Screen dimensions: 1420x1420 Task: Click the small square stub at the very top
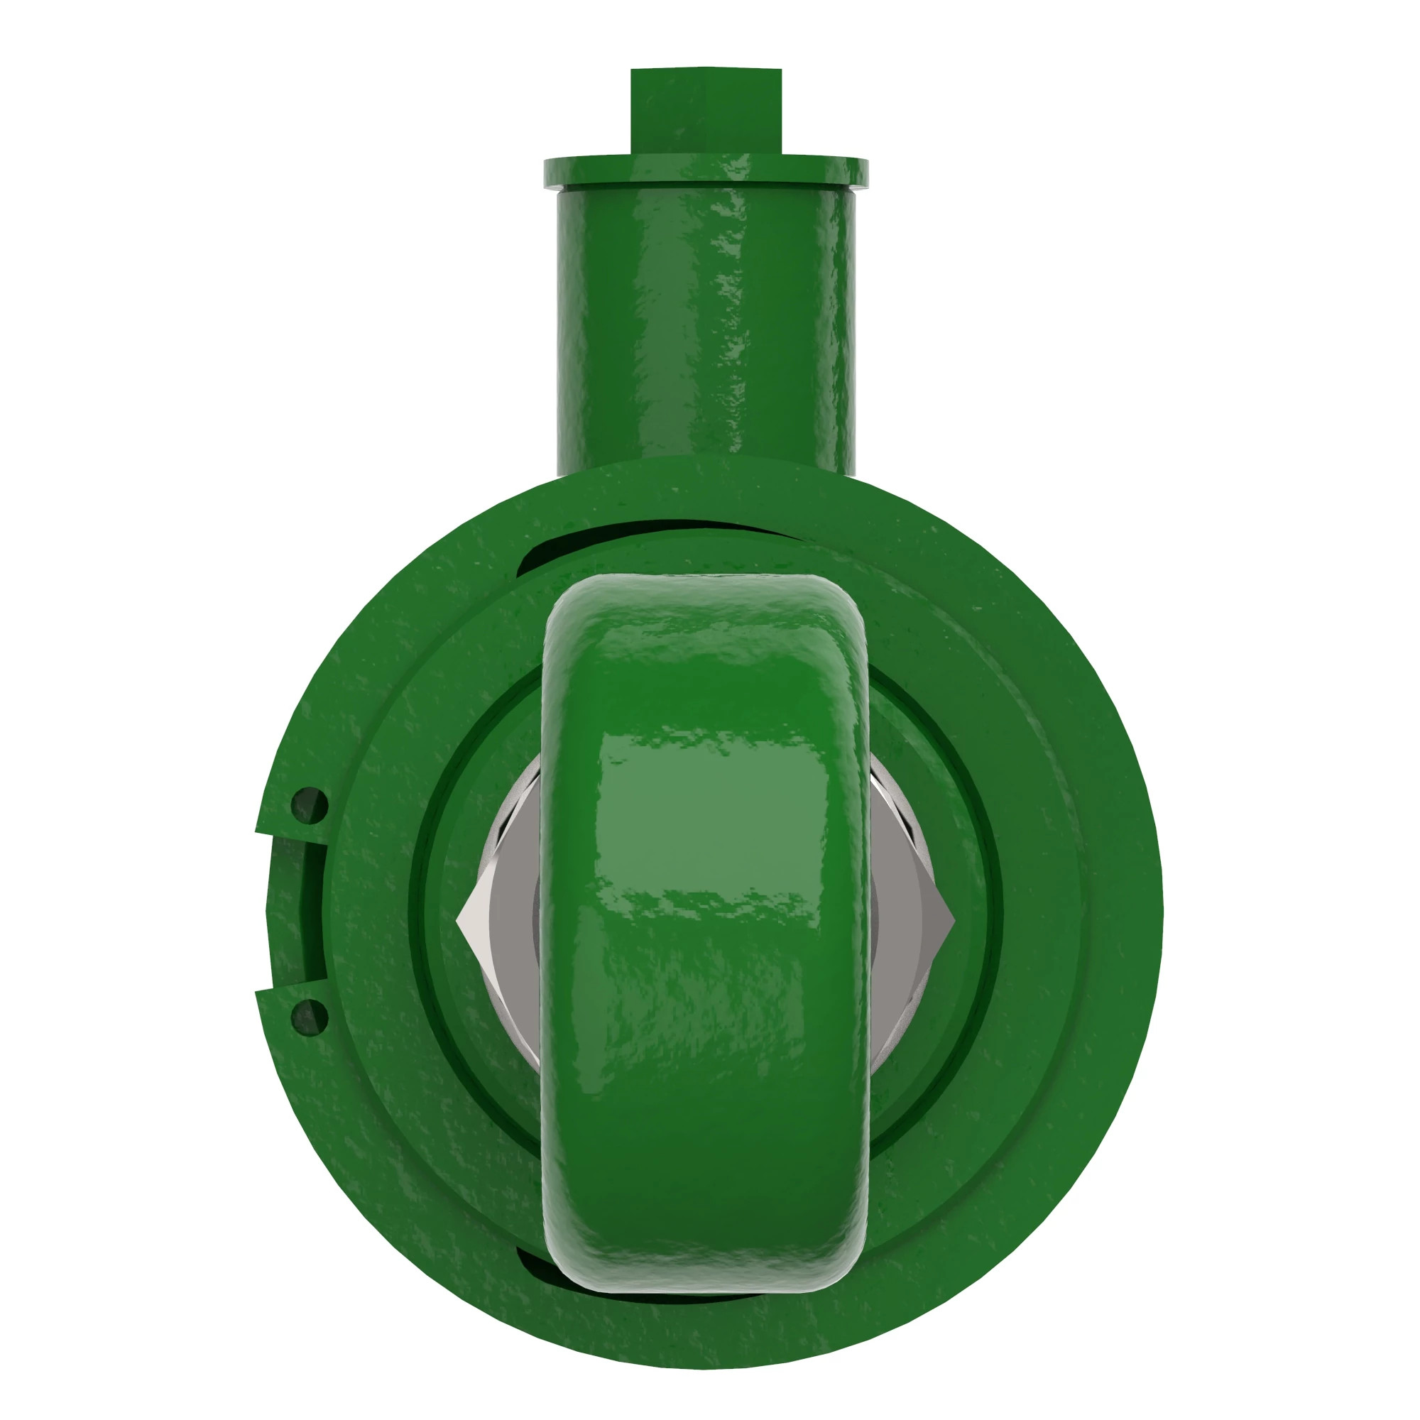706,110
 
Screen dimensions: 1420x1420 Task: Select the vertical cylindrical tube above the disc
706,323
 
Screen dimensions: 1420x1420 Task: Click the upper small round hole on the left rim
309,806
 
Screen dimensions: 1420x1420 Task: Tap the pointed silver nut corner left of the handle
464,919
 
